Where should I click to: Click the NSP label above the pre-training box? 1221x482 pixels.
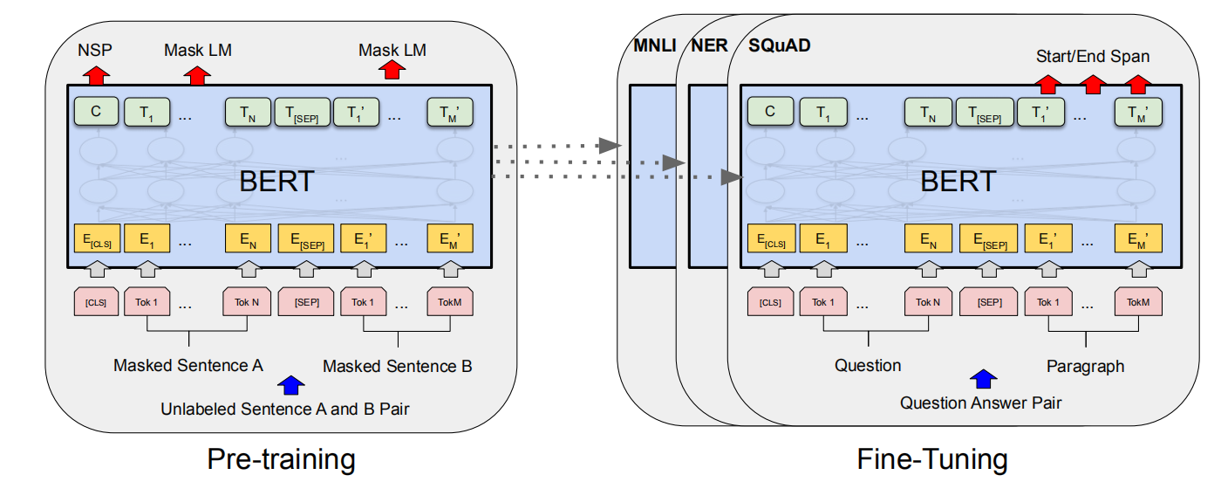[95, 50]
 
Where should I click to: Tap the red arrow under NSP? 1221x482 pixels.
[95, 73]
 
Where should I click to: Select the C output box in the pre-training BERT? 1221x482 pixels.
[96, 112]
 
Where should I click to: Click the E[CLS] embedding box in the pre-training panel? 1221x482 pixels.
[96, 239]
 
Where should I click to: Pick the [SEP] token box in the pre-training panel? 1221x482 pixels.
[306, 302]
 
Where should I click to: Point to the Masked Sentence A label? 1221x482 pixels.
[188, 366]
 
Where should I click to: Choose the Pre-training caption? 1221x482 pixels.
[281, 459]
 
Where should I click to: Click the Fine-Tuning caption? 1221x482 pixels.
[931, 459]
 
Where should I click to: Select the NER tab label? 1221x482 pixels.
[708, 45]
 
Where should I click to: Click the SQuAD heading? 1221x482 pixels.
[779, 45]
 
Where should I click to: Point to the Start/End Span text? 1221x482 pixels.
[1092, 57]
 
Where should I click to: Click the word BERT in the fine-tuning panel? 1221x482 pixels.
[958, 182]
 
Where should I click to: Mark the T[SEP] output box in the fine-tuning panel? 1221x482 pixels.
[985, 112]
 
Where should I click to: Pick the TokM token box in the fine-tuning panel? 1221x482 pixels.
[1138, 302]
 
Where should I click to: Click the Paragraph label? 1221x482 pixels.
[1085, 366]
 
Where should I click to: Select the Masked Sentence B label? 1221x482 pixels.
[398, 366]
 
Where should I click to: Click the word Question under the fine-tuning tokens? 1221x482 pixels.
[868, 366]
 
